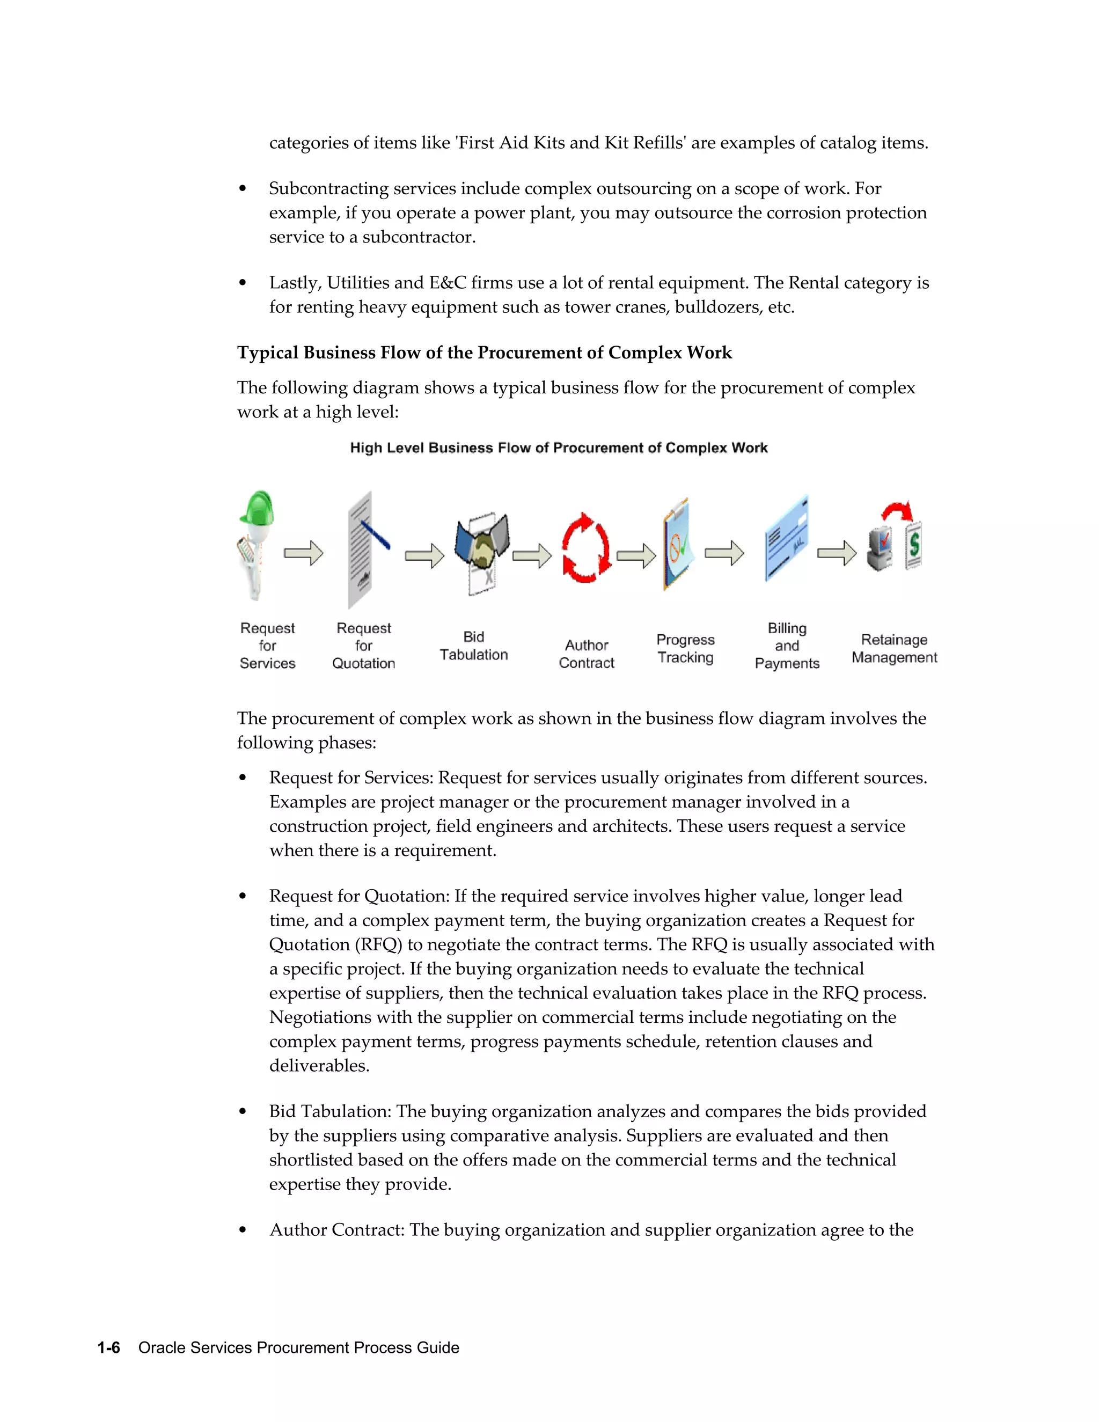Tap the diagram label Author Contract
(x=586, y=654)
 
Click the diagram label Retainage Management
(x=894, y=649)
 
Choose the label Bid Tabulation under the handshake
(x=473, y=646)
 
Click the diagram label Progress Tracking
(x=685, y=649)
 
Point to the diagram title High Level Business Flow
(x=559, y=448)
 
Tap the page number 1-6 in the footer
(x=109, y=1348)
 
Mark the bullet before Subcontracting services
(x=243, y=189)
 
